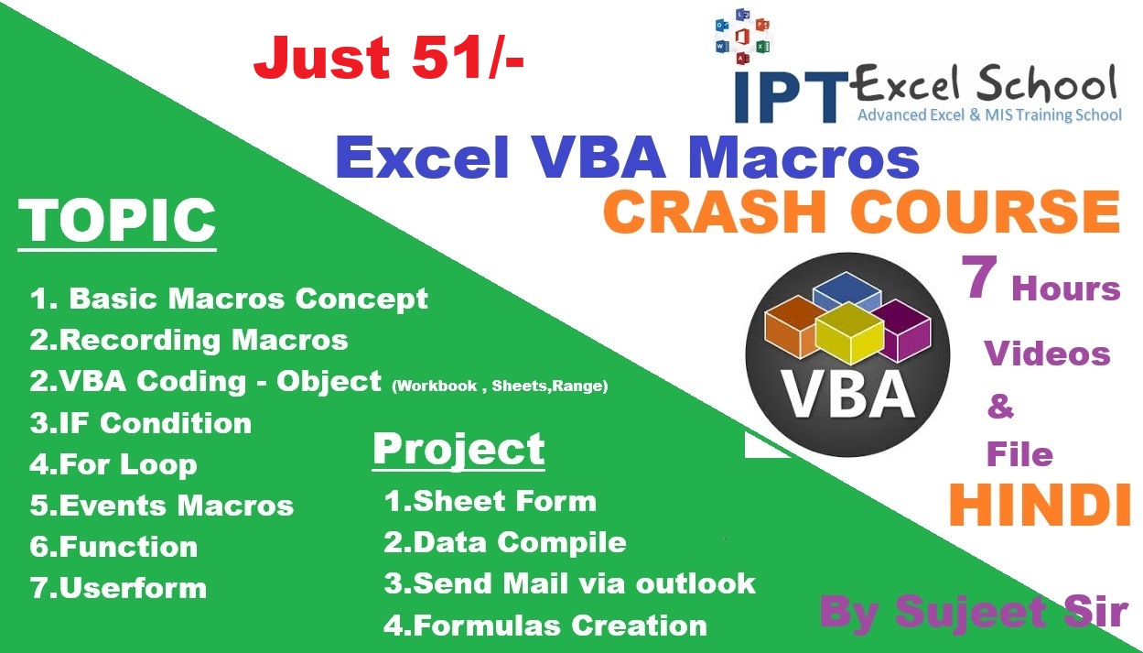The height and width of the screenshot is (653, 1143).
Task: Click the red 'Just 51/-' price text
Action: coord(389,57)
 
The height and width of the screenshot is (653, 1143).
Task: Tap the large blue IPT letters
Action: coord(791,96)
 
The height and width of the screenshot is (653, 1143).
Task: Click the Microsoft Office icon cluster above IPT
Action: coord(742,37)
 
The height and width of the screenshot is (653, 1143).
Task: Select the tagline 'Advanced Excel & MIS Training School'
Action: coord(989,114)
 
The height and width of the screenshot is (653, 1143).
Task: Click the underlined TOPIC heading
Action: coord(117,222)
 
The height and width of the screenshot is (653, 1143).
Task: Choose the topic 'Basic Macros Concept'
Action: coord(249,299)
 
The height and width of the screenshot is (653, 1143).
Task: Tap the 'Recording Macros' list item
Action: coord(203,340)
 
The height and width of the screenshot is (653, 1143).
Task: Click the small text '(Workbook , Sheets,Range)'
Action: coord(500,386)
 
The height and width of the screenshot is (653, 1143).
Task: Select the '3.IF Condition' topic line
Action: coord(140,423)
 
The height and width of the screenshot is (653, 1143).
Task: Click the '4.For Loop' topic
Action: coord(113,464)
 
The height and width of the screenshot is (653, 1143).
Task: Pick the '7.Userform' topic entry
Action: coord(118,588)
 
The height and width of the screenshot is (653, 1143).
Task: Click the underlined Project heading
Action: coord(458,451)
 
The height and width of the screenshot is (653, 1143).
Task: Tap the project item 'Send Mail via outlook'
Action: coord(584,583)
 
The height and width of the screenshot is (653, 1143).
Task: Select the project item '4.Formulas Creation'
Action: coord(545,625)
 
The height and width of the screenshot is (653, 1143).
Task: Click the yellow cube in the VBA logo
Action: coord(849,332)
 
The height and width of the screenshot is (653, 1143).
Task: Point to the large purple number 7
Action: coord(979,277)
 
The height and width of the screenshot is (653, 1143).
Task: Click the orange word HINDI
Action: coord(1039,505)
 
